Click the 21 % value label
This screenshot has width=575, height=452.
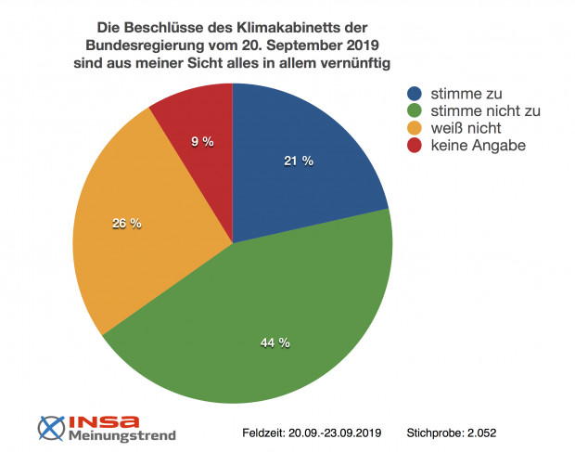299,161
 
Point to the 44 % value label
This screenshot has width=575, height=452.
275,342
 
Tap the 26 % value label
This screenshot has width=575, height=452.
126,223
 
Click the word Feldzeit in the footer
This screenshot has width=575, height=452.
264,433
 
